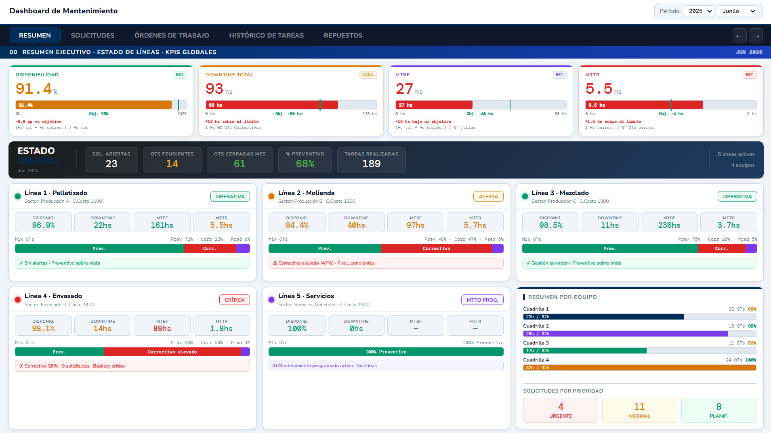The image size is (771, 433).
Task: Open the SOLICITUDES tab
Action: coord(92,36)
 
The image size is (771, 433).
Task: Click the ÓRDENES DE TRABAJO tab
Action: coord(172,36)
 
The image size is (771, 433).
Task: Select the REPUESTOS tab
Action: coord(343,36)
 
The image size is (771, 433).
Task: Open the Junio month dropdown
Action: coord(736,11)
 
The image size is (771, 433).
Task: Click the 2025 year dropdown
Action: coord(699,11)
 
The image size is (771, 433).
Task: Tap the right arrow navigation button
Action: coord(756,36)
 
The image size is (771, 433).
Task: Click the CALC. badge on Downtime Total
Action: coord(368,75)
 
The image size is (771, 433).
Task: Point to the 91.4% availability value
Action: coord(34,89)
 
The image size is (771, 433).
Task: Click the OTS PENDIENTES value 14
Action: coord(172,164)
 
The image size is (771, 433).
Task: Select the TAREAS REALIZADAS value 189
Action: coord(371,164)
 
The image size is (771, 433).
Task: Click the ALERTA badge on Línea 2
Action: coord(488,197)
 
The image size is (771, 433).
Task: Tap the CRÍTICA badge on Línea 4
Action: coord(234,300)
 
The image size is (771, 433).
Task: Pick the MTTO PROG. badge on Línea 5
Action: coord(482,300)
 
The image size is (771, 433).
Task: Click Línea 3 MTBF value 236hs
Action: coord(669,225)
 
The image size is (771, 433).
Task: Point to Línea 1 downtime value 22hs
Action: coord(103,225)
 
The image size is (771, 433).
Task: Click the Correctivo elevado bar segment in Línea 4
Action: coord(172,352)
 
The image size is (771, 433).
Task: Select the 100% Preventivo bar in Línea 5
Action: coord(386,352)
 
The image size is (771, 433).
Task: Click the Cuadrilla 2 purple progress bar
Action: coord(625,334)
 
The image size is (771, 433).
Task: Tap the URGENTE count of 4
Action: coord(560,407)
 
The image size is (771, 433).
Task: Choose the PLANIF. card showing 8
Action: coord(718,410)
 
